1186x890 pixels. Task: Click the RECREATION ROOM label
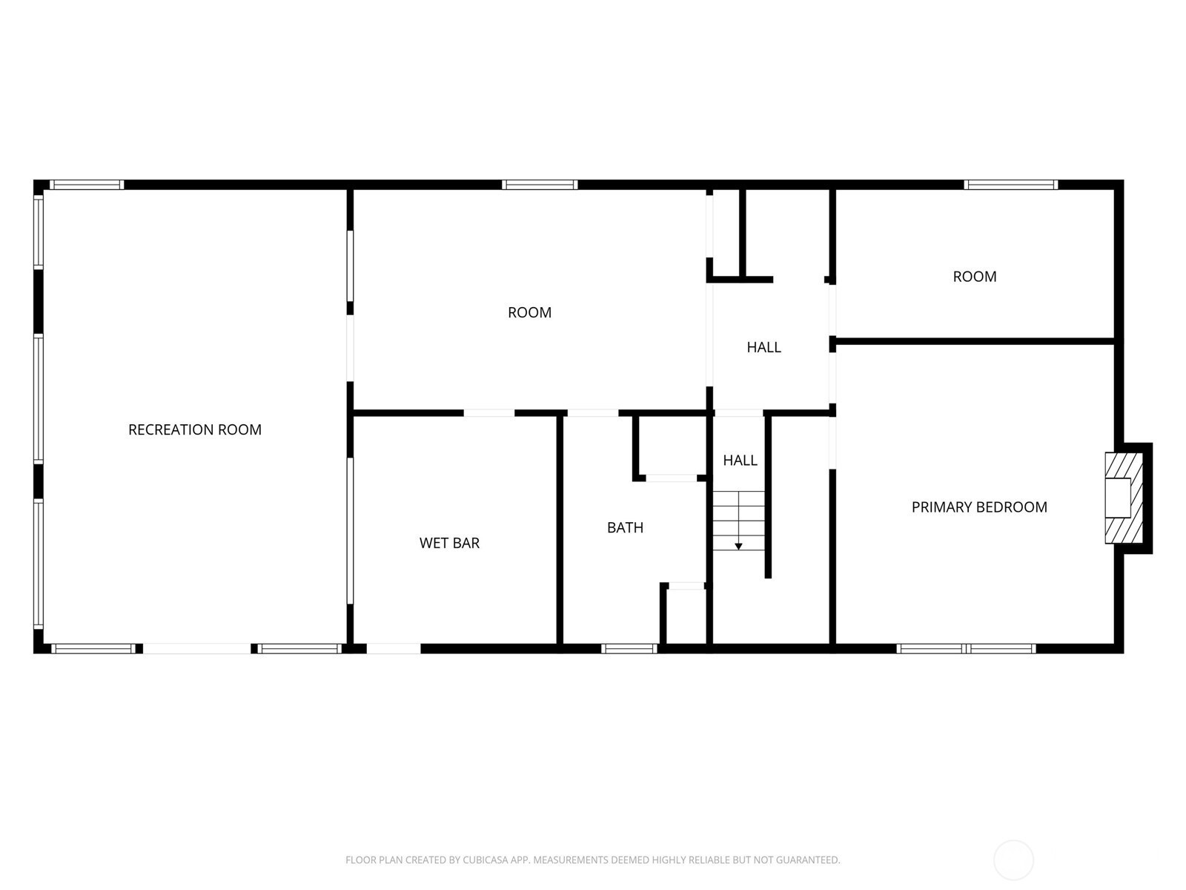click(194, 429)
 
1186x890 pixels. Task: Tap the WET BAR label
click(449, 543)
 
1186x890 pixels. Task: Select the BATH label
click(625, 527)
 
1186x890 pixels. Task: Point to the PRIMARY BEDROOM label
click(979, 507)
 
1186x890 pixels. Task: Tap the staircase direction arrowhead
click(738, 547)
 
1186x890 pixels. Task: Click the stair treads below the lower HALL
click(738, 521)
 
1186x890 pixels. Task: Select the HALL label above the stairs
click(740, 461)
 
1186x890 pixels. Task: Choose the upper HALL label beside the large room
click(763, 347)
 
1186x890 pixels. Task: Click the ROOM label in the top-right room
click(974, 277)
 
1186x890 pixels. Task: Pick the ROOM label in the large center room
click(529, 312)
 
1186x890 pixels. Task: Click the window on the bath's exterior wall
click(629, 648)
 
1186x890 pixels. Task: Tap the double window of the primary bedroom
click(966, 648)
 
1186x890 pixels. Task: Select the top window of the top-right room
click(1011, 185)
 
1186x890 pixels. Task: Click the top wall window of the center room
click(540, 185)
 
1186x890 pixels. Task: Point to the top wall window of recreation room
click(87, 185)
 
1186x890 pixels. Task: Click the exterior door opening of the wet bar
click(394, 648)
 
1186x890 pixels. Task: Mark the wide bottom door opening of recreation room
click(196, 648)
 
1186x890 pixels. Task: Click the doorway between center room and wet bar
click(489, 413)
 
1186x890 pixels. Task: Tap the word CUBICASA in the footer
click(481, 860)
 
